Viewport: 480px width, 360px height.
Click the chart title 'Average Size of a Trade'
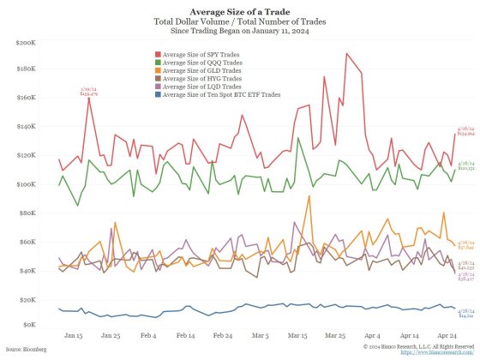click(239, 10)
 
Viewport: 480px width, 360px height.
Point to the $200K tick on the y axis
click(25, 41)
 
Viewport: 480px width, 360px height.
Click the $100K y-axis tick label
click(25, 184)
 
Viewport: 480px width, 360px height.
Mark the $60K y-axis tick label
click(27, 242)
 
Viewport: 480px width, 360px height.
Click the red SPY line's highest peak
click(347, 54)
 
